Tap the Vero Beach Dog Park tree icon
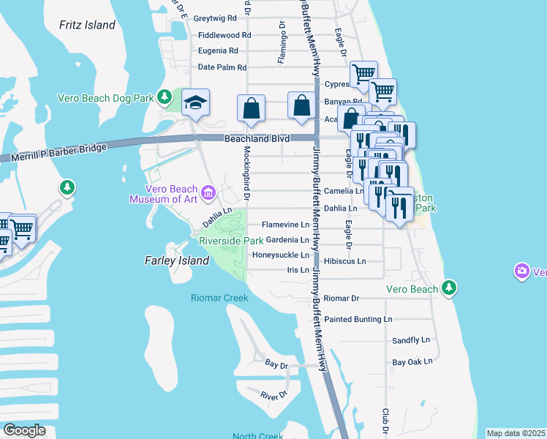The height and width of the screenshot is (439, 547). tap(165, 97)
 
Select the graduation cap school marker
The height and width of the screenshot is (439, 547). tap(195, 103)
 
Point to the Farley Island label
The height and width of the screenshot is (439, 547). tap(164, 260)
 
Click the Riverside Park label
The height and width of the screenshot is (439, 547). tap(231, 241)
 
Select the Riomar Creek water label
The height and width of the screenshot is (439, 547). tap(219, 298)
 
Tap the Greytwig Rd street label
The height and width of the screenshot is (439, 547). tap(217, 18)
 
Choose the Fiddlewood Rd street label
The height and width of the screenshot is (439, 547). tap(225, 34)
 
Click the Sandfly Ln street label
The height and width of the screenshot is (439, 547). tap(412, 340)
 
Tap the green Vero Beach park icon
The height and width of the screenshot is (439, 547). tap(448, 289)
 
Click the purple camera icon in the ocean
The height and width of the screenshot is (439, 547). tap(521, 272)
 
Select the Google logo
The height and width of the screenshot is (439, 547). tap(25, 430)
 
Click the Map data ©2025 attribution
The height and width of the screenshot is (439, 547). tap(516, 433)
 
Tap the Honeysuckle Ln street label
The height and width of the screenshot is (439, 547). tap(281, 255)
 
